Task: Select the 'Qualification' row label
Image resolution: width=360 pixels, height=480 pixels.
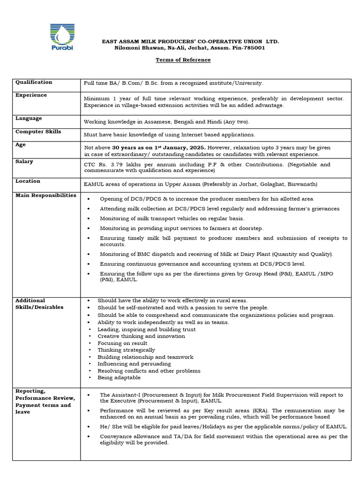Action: pyautogui.click(x=34, y=82)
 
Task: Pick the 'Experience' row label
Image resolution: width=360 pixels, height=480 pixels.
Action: pyautogui.click(x=31, y=95)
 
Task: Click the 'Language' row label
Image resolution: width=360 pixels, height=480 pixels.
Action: pyautogui.click(x=29, y=119)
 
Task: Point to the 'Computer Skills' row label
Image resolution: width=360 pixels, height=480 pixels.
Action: pyautogui.click(x=38, y=132)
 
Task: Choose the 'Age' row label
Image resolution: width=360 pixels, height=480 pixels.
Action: pyautogui.click(x=21, y=145)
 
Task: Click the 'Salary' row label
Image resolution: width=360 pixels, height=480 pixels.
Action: pyautogui.click(x=24, y=162)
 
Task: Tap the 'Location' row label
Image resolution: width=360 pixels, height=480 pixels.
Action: pyautogui.click(x=28, y=181)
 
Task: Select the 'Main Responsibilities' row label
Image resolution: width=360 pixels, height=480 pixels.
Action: pyautogui.click(x=46, y=195)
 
